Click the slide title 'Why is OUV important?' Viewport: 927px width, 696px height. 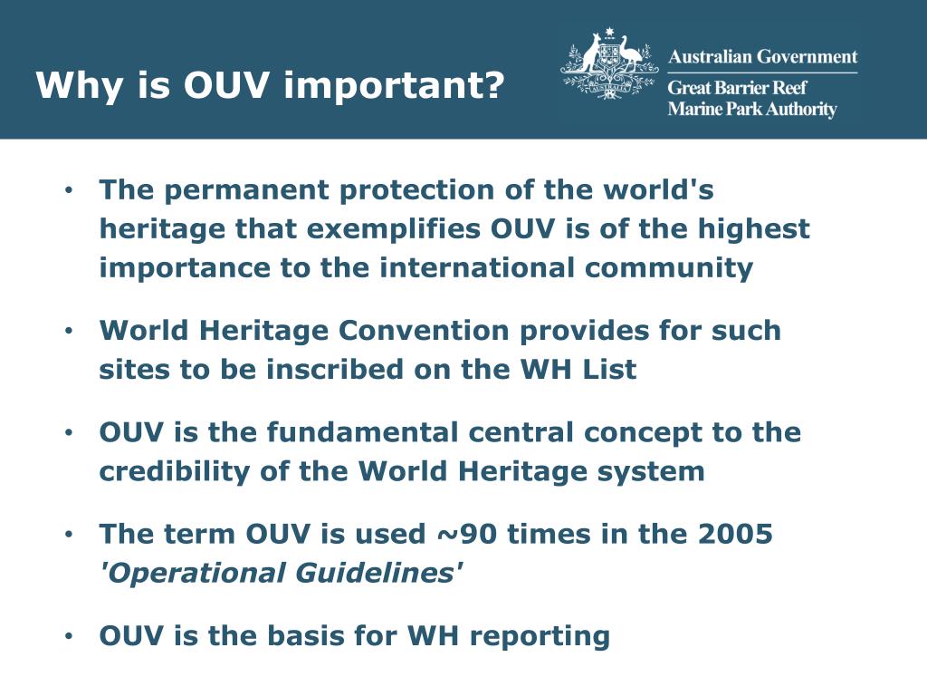(270, 86)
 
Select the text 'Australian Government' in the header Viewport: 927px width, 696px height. (762, 57)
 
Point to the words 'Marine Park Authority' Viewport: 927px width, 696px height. (751, 110)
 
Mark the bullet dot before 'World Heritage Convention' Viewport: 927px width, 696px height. (68, 332)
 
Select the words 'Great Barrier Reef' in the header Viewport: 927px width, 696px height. (737, 89)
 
